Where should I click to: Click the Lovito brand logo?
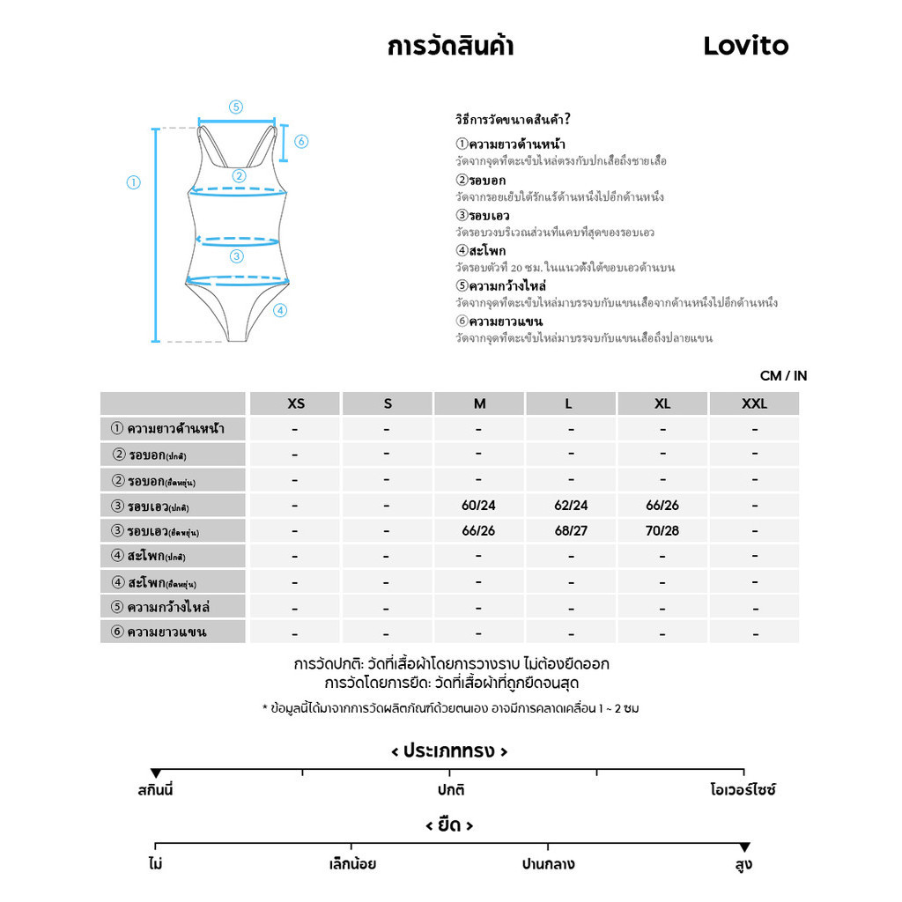pos(745,46)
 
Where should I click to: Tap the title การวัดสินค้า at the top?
pos(450,47)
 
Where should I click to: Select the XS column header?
pos(296,403)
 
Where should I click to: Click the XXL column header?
pos(754,403)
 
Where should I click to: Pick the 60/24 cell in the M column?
pos(479,506)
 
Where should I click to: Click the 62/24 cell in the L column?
pos(571,506)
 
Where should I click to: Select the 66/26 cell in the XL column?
pos(662,506)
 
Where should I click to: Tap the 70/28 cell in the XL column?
pos(662,530)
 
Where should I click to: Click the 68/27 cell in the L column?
pos(571,530)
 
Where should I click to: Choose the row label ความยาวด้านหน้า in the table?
pos(174,429)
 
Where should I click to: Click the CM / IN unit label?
pos(783,376)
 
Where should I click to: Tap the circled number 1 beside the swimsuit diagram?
pos(134,183)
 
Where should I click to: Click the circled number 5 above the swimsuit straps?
pos(236,107)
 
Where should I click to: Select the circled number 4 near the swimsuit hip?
pos(279,310)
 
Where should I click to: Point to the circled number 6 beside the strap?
pos(301,141)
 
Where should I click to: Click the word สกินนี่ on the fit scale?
pos(156,790)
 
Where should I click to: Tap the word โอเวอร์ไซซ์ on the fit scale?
pos(743,790)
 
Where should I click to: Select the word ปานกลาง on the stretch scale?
pos(548,864)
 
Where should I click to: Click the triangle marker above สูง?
pos(744,847)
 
